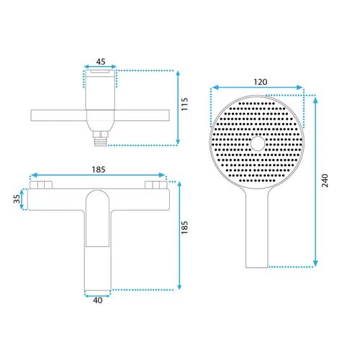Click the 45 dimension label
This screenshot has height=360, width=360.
coord(101,61)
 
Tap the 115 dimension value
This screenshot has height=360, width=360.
coord(184,104)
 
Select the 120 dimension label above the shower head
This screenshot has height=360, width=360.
coord(261,82)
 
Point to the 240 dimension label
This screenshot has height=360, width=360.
coord(325,181)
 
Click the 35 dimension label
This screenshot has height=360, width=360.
coord(17,199)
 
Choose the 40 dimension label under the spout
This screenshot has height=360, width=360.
coord(98,300)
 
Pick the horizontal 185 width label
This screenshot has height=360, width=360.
coord(99,170)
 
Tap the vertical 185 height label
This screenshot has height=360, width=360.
coord(184,228)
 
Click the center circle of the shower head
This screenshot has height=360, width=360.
coord(258,143)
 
